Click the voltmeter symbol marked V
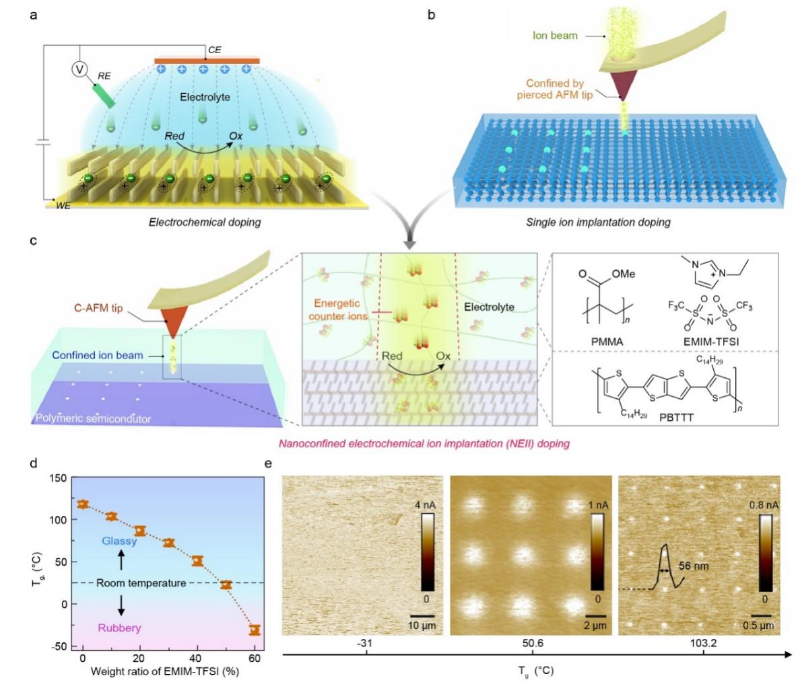(x=80, y=69)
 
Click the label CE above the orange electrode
(x=215, y=50)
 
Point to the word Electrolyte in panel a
(x=205, y=97)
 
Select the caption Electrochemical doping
(x=205, y=222)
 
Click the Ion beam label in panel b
(x=555, y=35)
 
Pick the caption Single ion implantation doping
(x=598, y=222)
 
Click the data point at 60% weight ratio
(x=255, y=630)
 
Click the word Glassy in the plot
(x=120, y=541)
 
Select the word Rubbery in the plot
(x=120, y=628)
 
